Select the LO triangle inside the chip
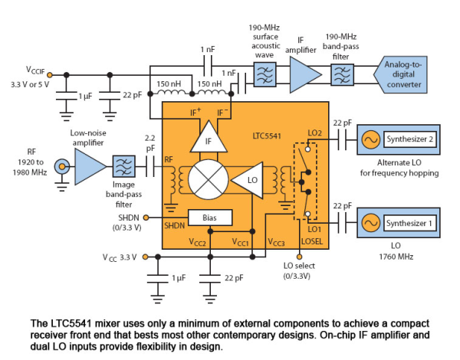(x=248, y=180)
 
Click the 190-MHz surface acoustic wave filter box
(x=264, y=74)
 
